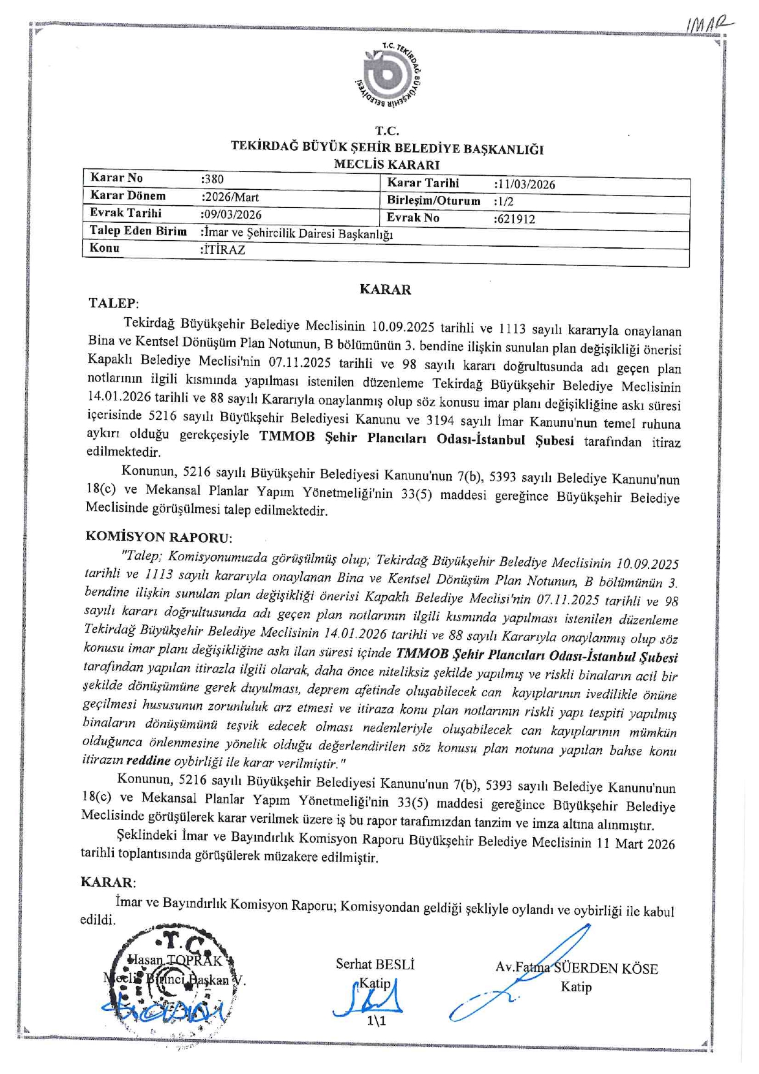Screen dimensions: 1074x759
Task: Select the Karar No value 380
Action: (x=213, y=179)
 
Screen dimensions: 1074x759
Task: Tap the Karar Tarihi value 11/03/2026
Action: (x=525, y=184)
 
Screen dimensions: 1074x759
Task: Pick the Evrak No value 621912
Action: (x=515, y=219)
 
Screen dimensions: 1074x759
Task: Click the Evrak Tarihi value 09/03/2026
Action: (x=231, y=214)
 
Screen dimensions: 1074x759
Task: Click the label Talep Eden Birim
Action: (x=138, y=231)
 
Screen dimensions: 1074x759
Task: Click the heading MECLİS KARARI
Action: (x=386, y=164)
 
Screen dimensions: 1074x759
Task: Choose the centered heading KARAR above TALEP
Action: (x=385, y=290)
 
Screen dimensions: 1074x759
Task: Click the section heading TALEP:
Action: (x=113, y=303)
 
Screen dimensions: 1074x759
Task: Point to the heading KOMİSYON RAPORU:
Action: (x=159, y=537)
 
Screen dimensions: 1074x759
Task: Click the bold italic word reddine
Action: (x=148, y=761)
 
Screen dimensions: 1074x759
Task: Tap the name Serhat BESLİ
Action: (x=375, y=964)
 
